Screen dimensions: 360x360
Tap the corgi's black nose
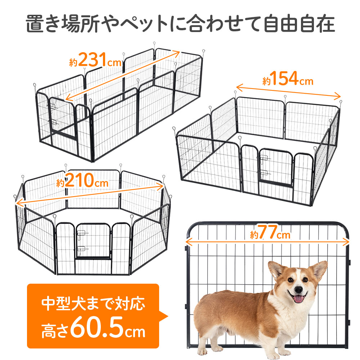[x=298, y=289]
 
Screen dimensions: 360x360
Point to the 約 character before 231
[x=73, y=62]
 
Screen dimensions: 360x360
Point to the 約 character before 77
[x=254, y=236]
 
